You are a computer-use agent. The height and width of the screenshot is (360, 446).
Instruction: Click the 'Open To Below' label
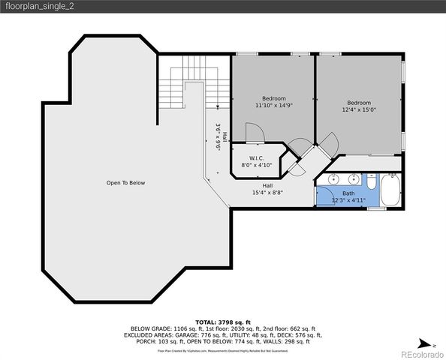[125, 183]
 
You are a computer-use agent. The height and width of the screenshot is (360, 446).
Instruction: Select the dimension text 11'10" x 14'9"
[273, 106]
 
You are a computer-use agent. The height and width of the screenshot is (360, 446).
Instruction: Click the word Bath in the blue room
[348, 193]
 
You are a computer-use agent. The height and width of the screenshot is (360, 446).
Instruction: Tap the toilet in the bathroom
[371, 182]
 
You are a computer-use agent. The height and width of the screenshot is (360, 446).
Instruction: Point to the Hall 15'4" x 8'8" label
[267, 189]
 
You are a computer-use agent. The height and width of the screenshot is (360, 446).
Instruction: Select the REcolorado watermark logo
[421, 353]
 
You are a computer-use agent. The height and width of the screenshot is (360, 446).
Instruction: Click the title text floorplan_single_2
[42, 7]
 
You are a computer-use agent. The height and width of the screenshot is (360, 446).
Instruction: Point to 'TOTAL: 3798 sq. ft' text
[222, 322]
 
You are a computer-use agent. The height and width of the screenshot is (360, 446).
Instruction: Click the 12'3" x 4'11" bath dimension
[348, 200]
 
